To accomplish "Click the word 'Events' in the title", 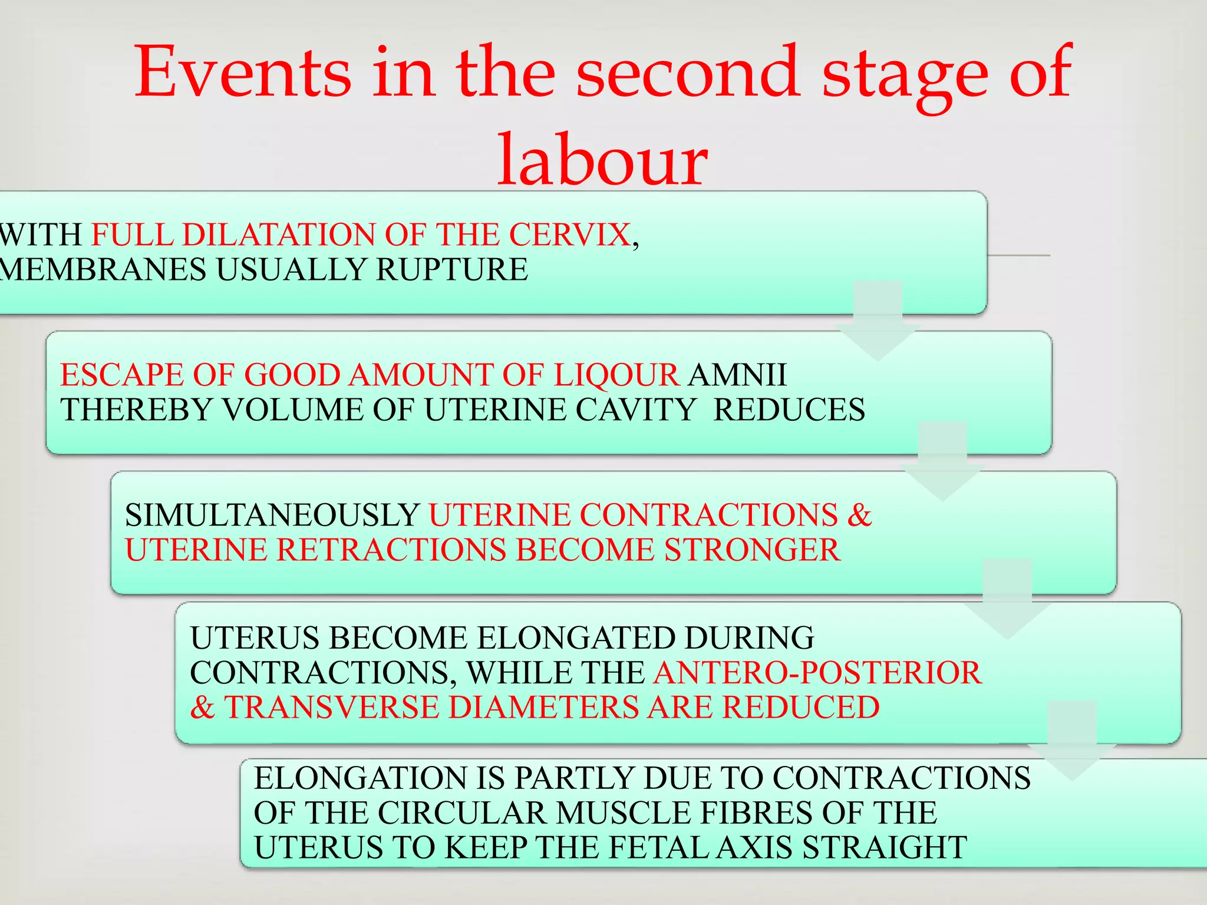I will coord(243,73).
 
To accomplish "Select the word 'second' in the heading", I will coord(688,73).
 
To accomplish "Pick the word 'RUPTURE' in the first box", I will coord(452,270).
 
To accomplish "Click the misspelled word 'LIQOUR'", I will coord(616,375).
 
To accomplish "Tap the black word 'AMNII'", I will coord(738,375).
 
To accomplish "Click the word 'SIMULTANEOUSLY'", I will coord(272,515).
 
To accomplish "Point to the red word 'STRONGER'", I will coord(752,550).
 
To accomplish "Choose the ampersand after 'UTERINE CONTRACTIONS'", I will coord(860,515).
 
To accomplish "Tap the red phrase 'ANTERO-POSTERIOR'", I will coord(818,672).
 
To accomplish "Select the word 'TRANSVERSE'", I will coord(332,707).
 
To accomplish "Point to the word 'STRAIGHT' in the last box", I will coord(885,848).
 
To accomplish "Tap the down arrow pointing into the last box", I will coord(1072,742).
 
